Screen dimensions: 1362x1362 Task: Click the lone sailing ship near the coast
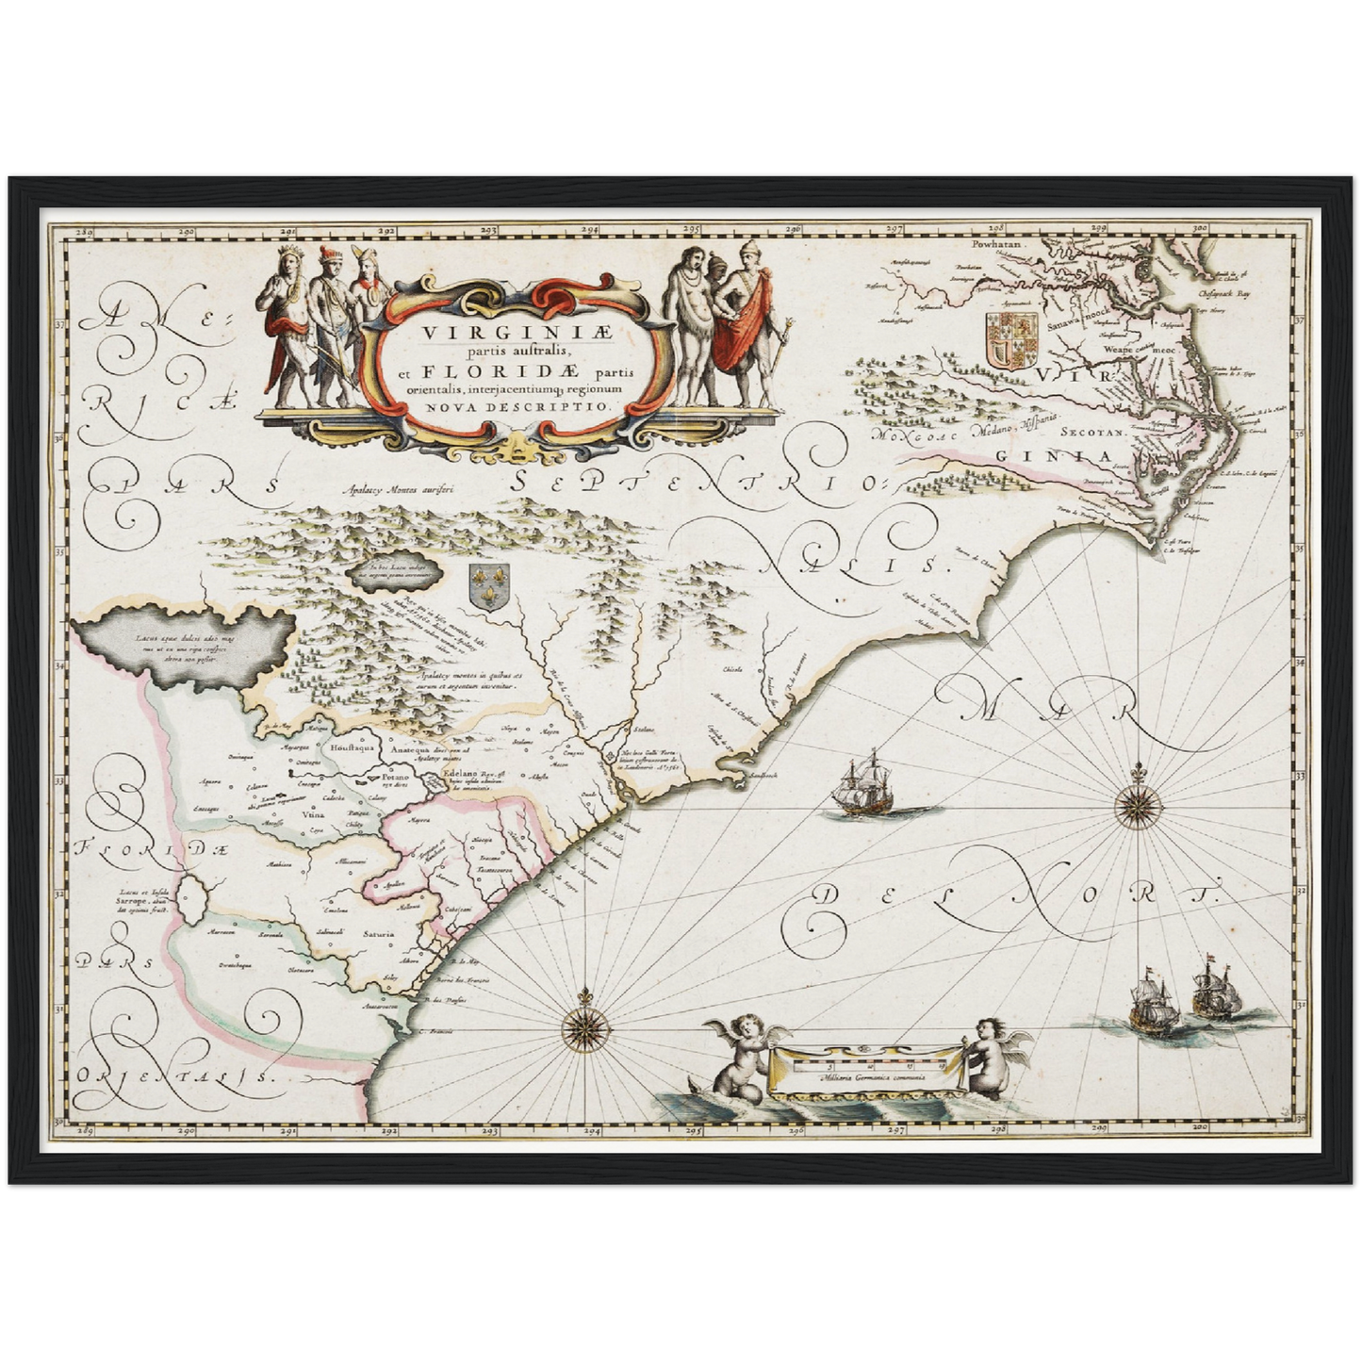(862, 785)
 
